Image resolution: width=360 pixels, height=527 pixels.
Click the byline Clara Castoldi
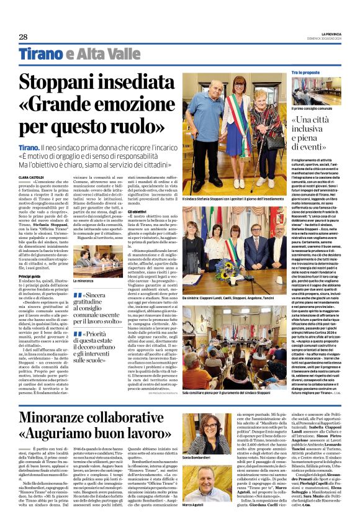pyautogui.click(x=31, y=177)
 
